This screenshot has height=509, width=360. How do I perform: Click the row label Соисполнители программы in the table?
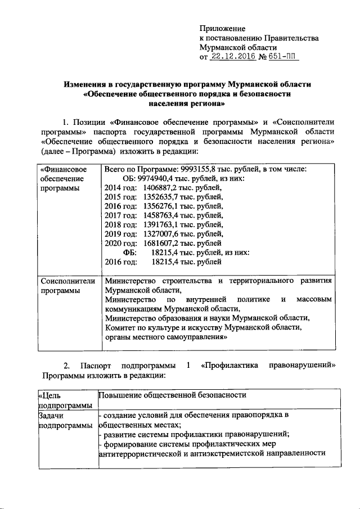click(67, 285)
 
